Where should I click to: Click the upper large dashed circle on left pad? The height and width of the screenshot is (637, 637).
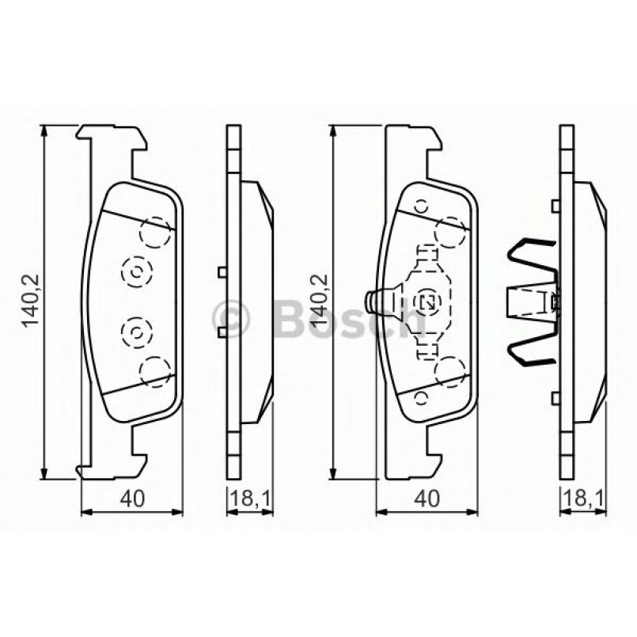coord(155,233)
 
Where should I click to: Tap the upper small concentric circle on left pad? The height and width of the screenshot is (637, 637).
coord(136,271)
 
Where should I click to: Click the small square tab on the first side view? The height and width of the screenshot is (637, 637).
coord(222,273)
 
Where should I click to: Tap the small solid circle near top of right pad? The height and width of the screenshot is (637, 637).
coord(422,206)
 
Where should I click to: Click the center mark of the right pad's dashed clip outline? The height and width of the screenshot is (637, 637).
coord(428,301)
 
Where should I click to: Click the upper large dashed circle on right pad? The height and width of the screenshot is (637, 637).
coord(450,233)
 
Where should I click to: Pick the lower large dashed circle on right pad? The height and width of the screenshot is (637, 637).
coord(450,370)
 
